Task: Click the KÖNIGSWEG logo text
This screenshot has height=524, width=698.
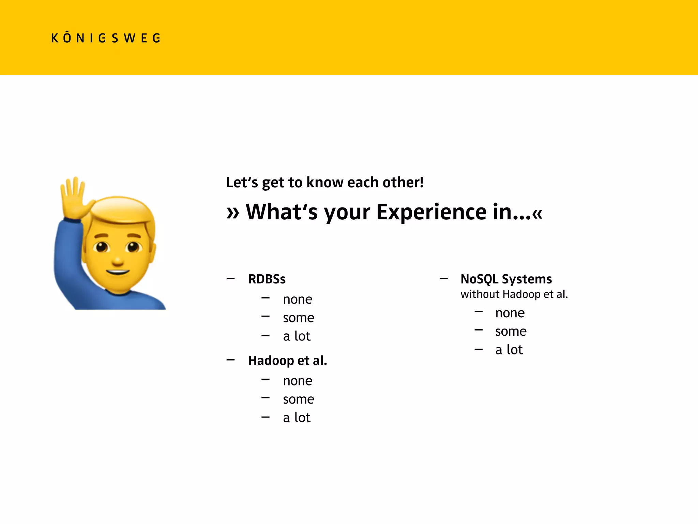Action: pyautogui.click(x=106, y=38)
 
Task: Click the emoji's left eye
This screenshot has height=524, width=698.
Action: pyautogui.click(x=102, y=247)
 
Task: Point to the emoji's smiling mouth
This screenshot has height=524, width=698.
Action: pyautogui.click(x=118, y=272)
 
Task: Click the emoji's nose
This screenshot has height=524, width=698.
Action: pyautogui.click(x=118, y=261)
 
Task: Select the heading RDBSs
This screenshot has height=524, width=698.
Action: pyautogui.click(x=267, y=279)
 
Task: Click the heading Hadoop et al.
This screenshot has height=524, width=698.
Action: pyautogui.click(x=288, y=361)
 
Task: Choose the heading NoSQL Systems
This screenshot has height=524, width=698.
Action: pyautogui.click(x=506, y=279)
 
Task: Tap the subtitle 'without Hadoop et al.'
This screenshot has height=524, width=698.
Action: pyautogui.click(x=514, y=294)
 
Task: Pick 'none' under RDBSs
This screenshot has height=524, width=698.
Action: pyautogui.click(x=298, y=300)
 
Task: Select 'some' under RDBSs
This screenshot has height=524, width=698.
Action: pyautogui.click(x=299, y=318)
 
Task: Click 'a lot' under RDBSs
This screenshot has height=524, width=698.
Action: pyautogui.click(x=297, y=336)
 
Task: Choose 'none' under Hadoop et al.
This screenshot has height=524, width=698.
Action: pyautogui.click(x=298, y=381)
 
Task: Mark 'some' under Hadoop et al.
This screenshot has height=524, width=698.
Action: pyautogui.click(x=299, y=399)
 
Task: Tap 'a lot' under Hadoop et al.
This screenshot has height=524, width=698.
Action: pyautogui.click(x=297, y=418)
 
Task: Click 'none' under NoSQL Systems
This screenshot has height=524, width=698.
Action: pyautogui.click(x=510, y=313)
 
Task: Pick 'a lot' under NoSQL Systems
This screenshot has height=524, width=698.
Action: pyautogui.click(x=509, y=350)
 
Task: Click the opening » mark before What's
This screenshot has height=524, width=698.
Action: pyautogui.click(x=233, y=213)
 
